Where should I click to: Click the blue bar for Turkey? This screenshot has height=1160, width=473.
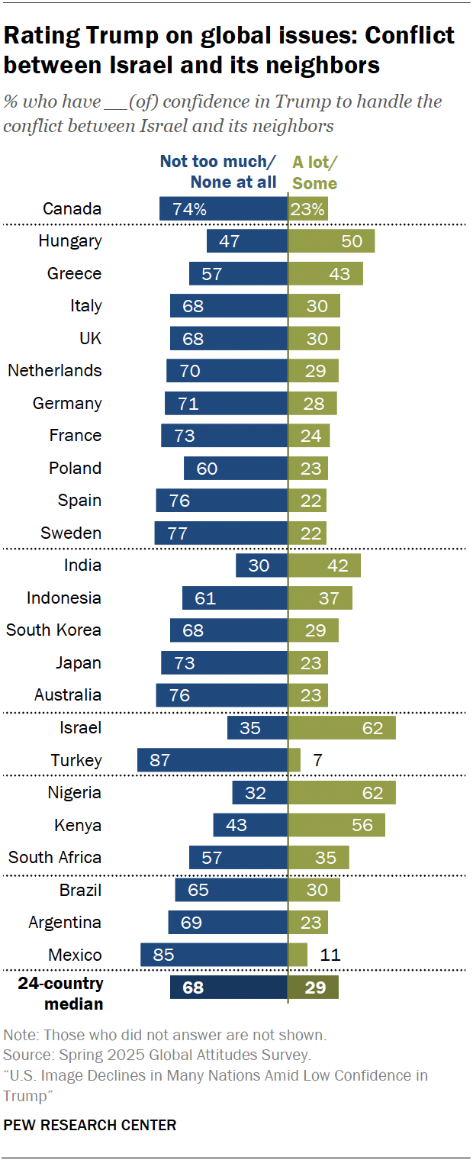coord(212,760)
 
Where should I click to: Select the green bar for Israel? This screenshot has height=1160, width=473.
coord(342,728)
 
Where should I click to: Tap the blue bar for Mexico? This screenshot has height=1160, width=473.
coord(214,955)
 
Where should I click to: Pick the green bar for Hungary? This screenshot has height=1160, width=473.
coord(331,241)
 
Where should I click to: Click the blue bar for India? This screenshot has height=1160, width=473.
coord(262,565)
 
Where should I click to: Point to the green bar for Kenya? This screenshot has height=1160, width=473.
coord(336,825)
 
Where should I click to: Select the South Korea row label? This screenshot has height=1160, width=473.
coord(53,630)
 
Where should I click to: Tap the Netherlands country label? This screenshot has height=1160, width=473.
coord(54,371)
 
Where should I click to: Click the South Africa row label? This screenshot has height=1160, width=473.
coord(54,857)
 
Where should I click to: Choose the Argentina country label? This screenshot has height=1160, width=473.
coord(65,922)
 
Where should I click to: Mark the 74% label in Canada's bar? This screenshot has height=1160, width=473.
coord(189,209)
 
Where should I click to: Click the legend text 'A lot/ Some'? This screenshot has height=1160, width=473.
coord(315,172)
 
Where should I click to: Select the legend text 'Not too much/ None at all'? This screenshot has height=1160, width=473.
coord(218,172)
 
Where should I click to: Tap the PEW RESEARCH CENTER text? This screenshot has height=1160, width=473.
coord(90,1125)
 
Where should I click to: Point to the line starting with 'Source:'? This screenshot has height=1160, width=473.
coord(157,1055)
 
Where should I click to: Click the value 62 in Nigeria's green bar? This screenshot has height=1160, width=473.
coord(372,793)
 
